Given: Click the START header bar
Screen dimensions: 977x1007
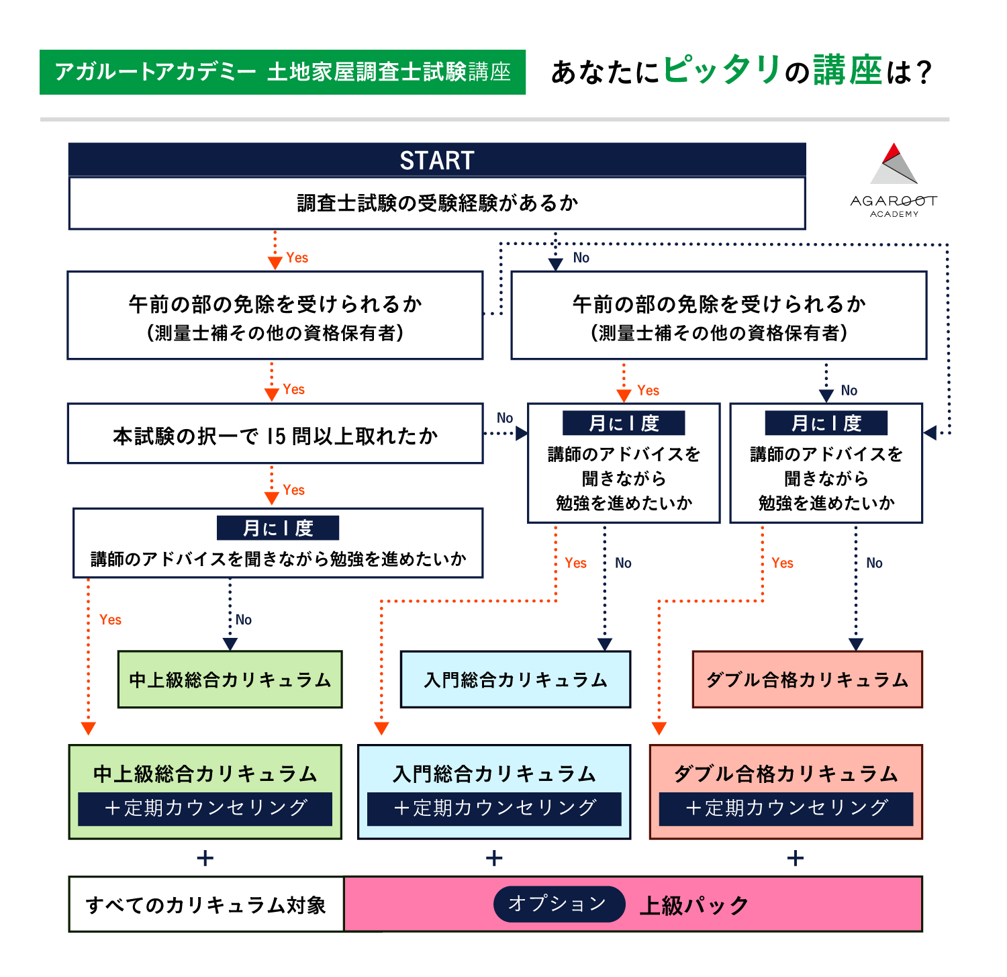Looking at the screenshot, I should click(437, 160).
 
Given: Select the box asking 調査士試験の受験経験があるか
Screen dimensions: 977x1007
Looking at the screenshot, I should click(437, 203).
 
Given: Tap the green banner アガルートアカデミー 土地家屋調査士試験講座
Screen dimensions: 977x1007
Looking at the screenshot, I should click(283, 72).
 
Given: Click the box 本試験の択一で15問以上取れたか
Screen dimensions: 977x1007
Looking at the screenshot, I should click(275, 436).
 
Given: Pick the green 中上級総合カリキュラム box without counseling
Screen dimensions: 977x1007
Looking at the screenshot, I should click(230, 680).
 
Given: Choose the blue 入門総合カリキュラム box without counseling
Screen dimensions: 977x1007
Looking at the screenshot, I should click(515, 680).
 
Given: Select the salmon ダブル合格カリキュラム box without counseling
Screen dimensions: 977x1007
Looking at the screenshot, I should click(807, 680).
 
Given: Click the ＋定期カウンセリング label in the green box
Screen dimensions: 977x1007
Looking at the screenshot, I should click(205, 808).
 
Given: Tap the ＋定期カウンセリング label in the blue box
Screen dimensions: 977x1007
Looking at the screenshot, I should click(494, 808).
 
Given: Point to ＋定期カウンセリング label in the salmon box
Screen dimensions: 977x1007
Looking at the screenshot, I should click(786, 808).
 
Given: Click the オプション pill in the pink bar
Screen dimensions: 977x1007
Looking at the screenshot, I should click(558, 904).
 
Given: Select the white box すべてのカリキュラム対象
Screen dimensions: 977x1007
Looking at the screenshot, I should click(206, 904).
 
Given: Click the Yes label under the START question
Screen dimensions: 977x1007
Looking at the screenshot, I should click(297, 258).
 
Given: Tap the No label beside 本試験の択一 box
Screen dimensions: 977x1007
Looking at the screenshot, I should click(505, 418).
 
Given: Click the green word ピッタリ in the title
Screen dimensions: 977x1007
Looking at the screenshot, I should click(722, 70).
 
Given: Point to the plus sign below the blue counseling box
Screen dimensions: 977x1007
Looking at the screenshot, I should click(494, 857).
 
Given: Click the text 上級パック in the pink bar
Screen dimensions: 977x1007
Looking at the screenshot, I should click(693, 905).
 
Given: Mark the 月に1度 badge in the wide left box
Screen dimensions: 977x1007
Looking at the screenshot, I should click(278, 528).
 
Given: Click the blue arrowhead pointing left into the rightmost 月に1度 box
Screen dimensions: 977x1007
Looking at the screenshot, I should click(930, 432).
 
